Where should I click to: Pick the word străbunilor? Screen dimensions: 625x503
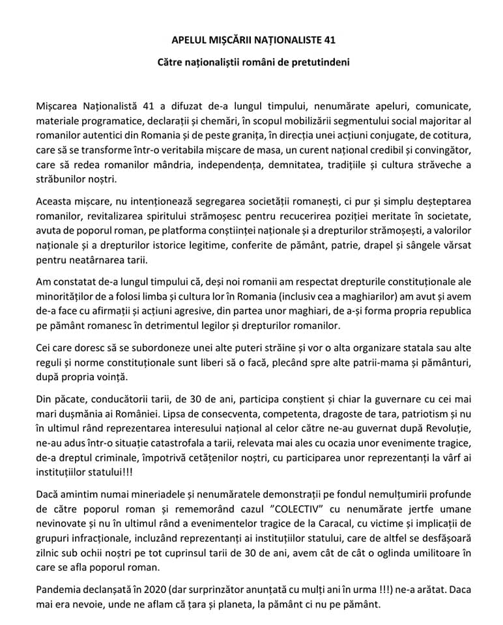65,180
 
